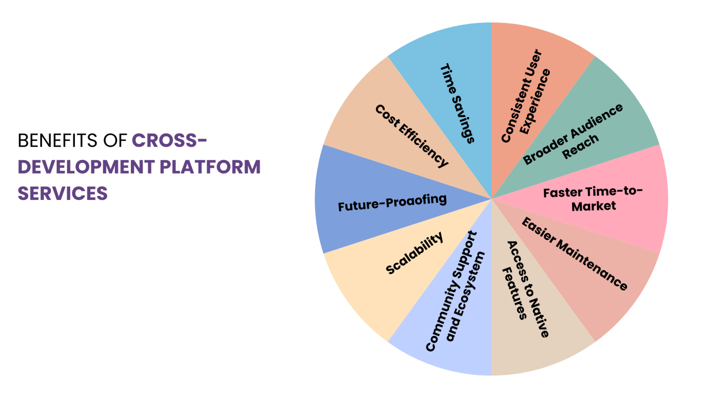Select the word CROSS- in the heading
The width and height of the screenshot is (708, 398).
(169, 140)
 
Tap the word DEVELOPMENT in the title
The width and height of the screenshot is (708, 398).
(85, 167)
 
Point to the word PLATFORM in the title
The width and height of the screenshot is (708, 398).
(210, 167)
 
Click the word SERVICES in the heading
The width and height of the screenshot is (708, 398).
(63, 194)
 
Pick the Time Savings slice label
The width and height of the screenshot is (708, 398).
(457, 103)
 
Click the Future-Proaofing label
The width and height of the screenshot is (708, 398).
(392, 203)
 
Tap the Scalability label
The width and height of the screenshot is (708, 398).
(415, 253)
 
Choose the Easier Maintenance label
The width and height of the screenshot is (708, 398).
(574, 254)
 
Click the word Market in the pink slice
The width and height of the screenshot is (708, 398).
(594, 206)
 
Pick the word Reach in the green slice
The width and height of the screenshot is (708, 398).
(581, 147)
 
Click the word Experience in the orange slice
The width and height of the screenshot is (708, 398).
(536, 102)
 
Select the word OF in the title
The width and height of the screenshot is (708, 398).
(115, 140)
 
